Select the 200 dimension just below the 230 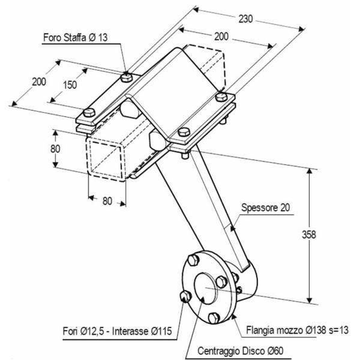(221, 37)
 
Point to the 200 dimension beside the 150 (39, 82)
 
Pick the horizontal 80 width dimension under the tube (106, 202)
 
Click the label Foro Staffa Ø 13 (75, 37)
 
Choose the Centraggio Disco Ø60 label (237, 350)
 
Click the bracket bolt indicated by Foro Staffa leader (126, 76)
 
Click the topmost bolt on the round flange (193, 260)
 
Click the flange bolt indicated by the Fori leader (185, 296)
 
